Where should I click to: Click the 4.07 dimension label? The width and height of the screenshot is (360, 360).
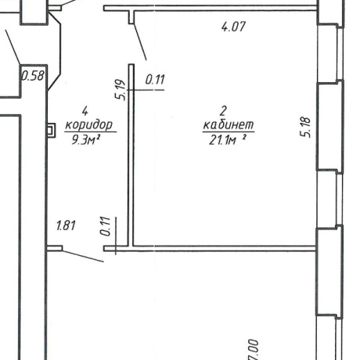tap(233, 27)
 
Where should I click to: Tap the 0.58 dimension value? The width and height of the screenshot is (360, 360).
tap(33, 76)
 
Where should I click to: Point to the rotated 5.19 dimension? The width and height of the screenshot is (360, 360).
tap(121, 90)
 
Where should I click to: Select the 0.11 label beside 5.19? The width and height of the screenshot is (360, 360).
tap(155, 80)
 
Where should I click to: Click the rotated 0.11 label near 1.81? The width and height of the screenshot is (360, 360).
tap(106, 226)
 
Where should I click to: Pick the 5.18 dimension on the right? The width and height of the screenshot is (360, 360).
tap(305, 127)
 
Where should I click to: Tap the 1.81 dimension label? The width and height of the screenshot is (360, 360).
tap(66, 225)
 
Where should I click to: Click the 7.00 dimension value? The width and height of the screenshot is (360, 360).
tap(254, 350)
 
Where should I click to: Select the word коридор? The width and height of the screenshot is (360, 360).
tap(89, 125)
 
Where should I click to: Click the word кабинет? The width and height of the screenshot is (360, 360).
tap(229, 124)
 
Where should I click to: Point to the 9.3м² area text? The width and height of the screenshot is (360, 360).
tap(86, 140)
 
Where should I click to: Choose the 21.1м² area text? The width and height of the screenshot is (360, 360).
tap(228, 140)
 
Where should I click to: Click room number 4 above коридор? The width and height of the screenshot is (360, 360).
tap(85, 111)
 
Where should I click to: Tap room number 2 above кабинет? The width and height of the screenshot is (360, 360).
tap(223, 111)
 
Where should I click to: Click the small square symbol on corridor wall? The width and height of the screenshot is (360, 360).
tap(51, 130)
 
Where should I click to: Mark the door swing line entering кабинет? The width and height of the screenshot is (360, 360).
tap(140, 41)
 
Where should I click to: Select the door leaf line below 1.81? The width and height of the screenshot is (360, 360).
tap(83, 256)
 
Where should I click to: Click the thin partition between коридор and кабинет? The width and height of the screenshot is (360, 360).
tap(131, 155)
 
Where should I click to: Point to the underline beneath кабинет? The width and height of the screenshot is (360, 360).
tap(229, 132)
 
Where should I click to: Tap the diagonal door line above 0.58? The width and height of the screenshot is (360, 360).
tap(13, 47)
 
